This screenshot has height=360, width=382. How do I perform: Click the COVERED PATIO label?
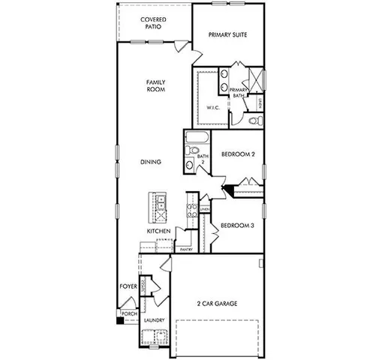point(155,22)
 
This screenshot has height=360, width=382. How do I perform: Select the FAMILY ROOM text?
point(155,85)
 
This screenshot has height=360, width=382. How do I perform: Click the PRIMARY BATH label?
point(238,92)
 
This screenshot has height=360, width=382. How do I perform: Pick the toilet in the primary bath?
point(251,118)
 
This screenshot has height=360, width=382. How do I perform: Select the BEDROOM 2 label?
point(238,154)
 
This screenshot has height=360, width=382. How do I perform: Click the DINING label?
point(151,162)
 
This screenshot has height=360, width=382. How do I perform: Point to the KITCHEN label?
point(158,231)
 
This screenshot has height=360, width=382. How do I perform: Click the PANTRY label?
point(186,249)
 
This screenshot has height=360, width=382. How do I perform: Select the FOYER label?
point(128,286)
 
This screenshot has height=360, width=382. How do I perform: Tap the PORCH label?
point(128,313)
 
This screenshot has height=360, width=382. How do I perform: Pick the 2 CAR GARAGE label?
point(217,304)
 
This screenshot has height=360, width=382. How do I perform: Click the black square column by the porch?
point(119,321)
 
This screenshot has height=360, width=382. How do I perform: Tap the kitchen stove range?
point(191,211)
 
